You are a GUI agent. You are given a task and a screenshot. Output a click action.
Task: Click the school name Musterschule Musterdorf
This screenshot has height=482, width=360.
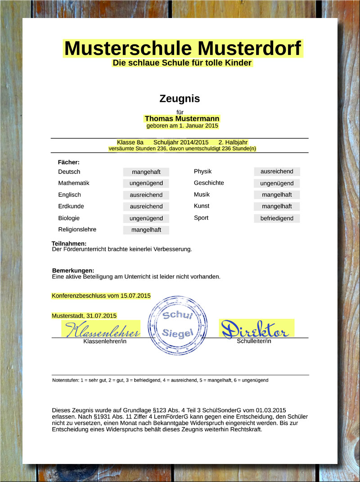click(183, 48)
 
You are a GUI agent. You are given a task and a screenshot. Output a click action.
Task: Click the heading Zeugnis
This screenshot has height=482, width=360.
click(180, 99)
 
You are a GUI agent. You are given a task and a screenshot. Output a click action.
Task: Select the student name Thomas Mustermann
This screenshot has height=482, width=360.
click(182, 119)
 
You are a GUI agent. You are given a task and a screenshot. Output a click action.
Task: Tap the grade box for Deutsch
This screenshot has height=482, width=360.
click(146, 172)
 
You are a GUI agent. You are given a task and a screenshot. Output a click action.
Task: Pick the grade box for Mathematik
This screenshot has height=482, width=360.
click(146, 183)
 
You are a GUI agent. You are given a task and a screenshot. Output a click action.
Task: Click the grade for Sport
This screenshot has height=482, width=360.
click(277, 218)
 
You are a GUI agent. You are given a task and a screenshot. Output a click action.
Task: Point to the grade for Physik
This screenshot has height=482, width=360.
click(277, 172)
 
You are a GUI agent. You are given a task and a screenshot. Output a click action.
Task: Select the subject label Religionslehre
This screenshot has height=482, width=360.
click(77, 230)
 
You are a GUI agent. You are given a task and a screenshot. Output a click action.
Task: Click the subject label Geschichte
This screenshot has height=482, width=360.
click(209, 183)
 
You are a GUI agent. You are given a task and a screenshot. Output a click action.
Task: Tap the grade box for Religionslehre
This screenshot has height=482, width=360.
click(146, 230)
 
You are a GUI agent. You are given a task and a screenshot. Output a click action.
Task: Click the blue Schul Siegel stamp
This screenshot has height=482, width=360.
click(178, 325)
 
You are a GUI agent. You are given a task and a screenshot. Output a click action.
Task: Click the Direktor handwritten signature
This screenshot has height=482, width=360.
click(256, 329)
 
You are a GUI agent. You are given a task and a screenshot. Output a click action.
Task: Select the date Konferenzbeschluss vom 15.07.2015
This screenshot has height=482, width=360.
click(101, 296)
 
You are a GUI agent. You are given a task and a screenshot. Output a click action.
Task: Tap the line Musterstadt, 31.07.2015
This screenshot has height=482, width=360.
click(84, 316)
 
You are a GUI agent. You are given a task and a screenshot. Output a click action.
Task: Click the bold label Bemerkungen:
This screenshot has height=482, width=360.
click(73, 270)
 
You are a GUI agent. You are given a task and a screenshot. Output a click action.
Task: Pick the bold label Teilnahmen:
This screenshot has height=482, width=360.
click(69, 243)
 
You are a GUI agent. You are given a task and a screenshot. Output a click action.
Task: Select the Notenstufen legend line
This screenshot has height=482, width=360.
click(160, 380)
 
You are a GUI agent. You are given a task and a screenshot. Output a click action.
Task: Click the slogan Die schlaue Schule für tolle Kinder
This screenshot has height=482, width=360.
click(182, 63)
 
